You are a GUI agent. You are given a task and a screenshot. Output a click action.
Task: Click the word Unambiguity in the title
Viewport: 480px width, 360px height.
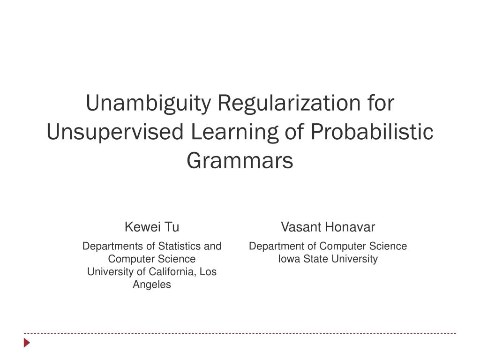(149, 104)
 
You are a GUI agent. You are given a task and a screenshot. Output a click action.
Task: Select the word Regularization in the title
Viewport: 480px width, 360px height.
(289, 104)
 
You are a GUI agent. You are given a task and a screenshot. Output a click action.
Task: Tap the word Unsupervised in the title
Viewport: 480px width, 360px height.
(115, 132)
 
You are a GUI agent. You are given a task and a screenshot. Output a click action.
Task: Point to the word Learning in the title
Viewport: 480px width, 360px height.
(234, 133)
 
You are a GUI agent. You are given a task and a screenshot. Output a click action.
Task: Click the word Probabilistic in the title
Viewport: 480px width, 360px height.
(372, 132)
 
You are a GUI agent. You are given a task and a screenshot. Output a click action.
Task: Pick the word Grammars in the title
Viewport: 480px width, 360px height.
(240, 161)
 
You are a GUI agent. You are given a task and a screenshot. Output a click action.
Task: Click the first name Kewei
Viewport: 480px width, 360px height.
(142, 227)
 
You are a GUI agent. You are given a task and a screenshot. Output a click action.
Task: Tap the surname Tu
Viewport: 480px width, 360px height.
(172, 227)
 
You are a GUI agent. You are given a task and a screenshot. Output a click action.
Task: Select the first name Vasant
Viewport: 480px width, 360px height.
(301, 227)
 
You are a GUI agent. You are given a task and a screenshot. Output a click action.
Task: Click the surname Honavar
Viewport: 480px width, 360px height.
(350, 227)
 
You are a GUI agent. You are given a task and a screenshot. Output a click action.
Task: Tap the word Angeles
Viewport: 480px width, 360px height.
(152, 285)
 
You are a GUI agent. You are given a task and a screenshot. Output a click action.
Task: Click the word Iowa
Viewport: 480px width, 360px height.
(289, 259)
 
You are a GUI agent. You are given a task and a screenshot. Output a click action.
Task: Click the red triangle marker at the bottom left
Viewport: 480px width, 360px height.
(27, 343)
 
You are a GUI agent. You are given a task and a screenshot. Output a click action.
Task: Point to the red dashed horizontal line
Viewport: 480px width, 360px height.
(240, 333)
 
